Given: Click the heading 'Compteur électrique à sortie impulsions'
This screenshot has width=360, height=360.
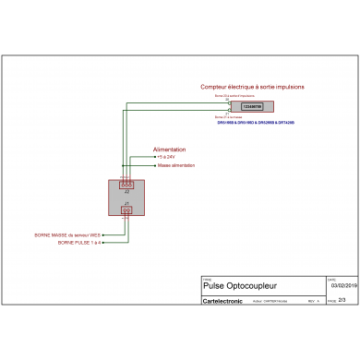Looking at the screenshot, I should pos(252,87).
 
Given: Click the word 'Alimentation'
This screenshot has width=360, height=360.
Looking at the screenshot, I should pos(169,149).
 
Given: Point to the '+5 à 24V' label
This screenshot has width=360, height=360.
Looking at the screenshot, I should pos(165,157).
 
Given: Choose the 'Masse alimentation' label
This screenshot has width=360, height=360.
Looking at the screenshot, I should pos(175,165).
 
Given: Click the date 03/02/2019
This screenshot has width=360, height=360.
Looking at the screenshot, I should pos(342,286).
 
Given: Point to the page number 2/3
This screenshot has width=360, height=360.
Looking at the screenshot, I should pos(342,299).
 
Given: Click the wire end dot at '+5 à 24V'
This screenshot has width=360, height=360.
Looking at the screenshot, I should pos(153,157).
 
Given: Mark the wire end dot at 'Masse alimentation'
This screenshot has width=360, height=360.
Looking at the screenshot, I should pos(153,165).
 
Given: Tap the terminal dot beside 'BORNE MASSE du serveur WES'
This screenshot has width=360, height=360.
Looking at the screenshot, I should pos(103,234).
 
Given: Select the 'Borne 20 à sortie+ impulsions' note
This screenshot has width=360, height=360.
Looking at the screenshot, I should pos(234,95).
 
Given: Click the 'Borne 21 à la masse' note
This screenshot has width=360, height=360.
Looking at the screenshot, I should pos(228,117).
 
